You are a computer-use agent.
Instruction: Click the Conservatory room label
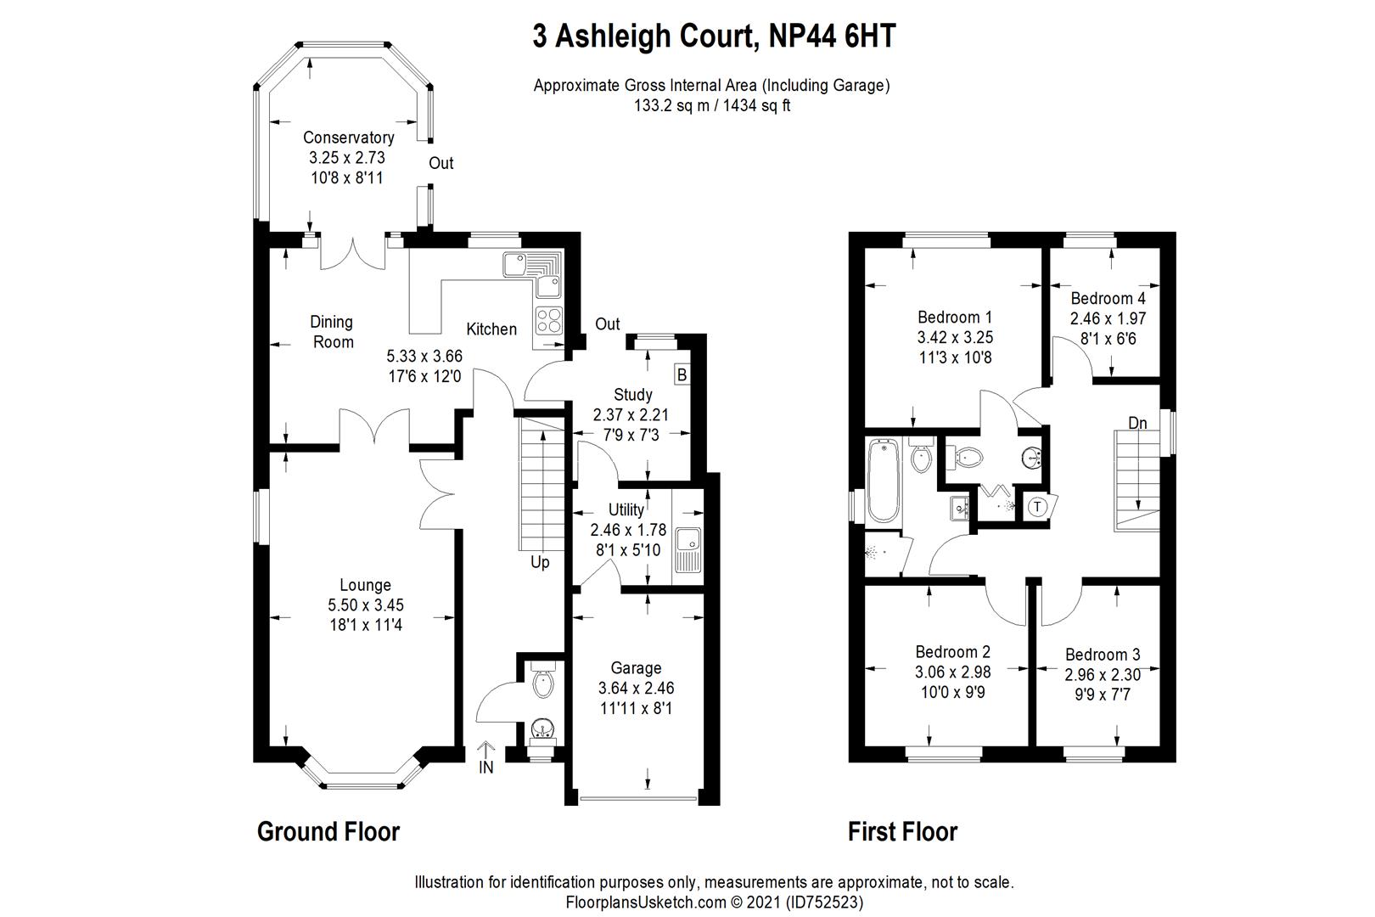coord(348,138)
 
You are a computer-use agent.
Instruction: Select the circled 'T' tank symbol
coord(1037,507)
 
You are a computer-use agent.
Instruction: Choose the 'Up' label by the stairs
coord(540,562)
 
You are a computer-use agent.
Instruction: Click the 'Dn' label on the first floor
coord(1137,423)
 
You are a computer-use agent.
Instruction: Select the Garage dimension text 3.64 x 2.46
coord(636,688)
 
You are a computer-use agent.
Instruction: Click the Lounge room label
coord(365,585)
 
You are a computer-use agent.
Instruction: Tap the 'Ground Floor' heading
coord(328,831)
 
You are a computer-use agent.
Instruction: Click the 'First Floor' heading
coord(902,831)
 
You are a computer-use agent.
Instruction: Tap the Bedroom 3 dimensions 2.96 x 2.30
coord(1103,675)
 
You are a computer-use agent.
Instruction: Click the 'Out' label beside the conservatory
coord(441,163)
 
